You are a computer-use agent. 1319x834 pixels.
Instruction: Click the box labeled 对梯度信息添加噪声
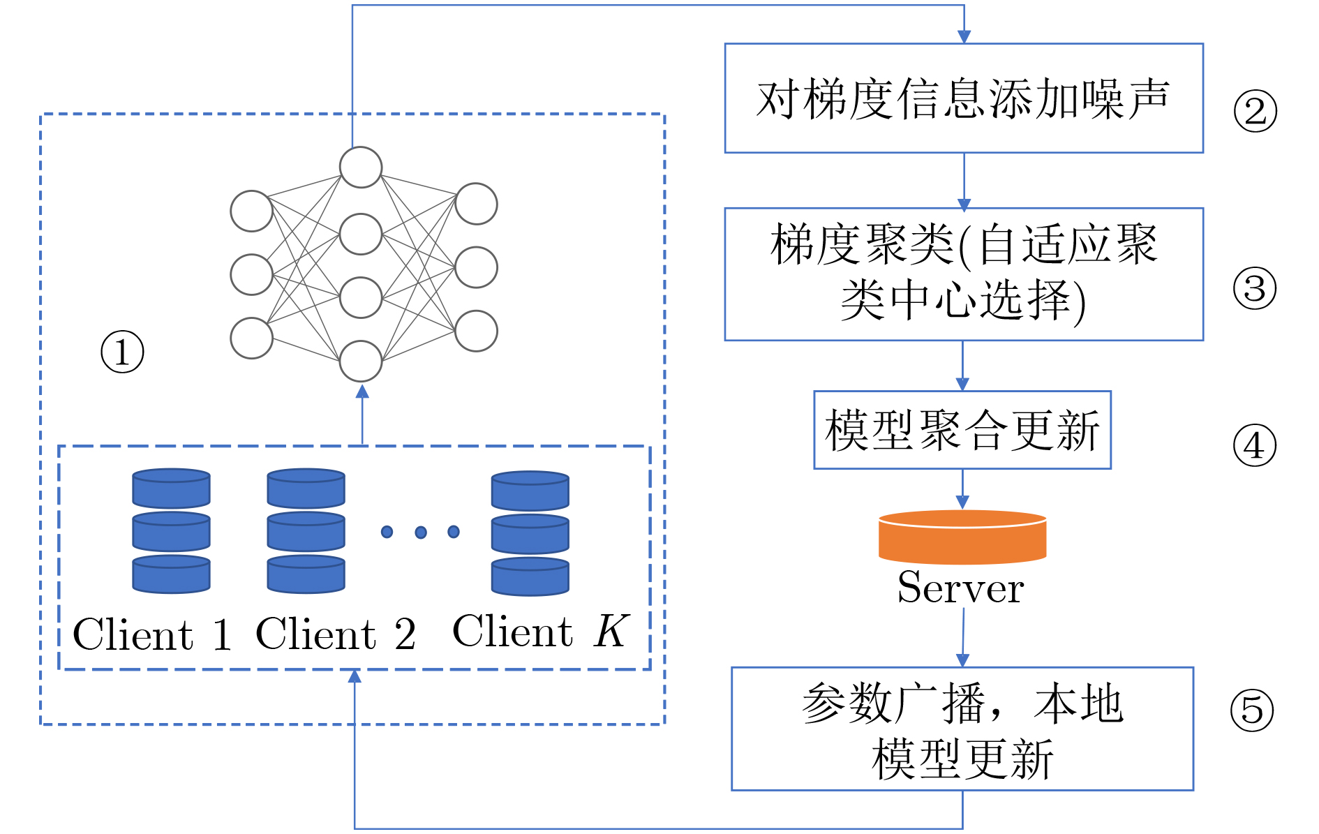pyautogui.click(x=963, y=98)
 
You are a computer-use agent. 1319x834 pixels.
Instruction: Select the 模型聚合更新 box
pyautogui.click(x=962, y=430)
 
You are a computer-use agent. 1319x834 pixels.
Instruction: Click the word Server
pyautogui.click(x=960, y=588)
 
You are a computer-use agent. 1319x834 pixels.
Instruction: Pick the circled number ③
pyautogui.click(x=1254, y=288)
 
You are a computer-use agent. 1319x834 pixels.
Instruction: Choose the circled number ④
pyautogui.click(x=1254, y=446)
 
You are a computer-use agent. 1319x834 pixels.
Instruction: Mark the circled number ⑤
pyautogui.click(x=1251, y=710)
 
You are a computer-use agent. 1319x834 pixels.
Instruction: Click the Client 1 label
pyautogui.click(x=152, y=634)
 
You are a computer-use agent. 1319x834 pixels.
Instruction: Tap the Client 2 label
pyautogui.click(x=336, y=634)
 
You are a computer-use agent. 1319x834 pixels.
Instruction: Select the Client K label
pyautogui.click(x=541, y=632)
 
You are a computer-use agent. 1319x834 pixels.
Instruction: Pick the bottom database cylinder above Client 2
pyautogui.click(x=306, y=574)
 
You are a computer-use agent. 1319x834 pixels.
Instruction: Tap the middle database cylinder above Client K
pyautogui.click(x=530, y=534)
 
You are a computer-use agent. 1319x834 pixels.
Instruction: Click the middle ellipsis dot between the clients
pyautogui.click(x=420, y=533)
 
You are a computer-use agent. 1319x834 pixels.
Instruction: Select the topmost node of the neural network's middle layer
pyautogui.click(x=361, y=167)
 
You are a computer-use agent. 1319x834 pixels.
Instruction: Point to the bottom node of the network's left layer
pyautogui.click(x=251, y=338)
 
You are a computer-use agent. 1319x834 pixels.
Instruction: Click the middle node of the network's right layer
pyautogui.click(x=476, y=267)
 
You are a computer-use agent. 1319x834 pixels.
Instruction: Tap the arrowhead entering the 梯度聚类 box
pyautogui.click(x=964, y=204)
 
